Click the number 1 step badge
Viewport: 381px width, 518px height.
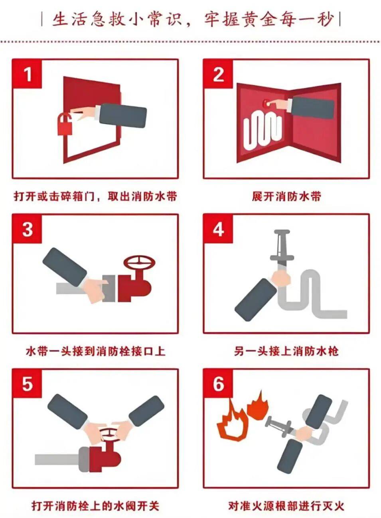[x=27, y=74]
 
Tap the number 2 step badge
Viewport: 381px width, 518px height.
[x=218, y=74]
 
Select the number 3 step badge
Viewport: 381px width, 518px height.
[x=27, y=229]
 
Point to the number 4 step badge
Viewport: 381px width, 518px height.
[x=218, y=229]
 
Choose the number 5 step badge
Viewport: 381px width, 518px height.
[x=27, y=384]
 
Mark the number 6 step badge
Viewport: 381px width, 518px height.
[x=218, y=384]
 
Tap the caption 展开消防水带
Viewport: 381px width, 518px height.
[x=286, y=196]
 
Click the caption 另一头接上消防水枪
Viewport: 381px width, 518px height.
[x=286, y=351]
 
